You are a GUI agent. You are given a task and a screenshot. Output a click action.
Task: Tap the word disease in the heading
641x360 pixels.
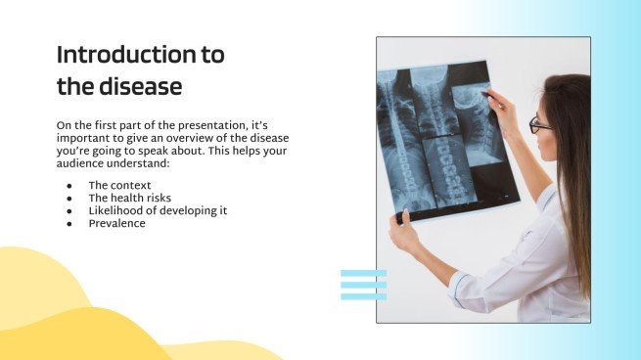click(138, 86)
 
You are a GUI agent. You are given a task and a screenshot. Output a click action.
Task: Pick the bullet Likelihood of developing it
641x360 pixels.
click(158, 210)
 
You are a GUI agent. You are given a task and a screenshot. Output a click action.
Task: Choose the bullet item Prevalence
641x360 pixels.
click(116, 223)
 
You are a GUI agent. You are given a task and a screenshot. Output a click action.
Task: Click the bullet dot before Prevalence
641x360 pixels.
click(69, 224)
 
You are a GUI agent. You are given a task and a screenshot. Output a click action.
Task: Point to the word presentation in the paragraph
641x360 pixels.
click(202, 126)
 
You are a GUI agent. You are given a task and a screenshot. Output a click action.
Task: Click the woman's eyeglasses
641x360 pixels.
click(539, 124)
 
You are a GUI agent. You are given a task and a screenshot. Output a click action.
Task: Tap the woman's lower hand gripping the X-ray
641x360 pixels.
click(402, 231)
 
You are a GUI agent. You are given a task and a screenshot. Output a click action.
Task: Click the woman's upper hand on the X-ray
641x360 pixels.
click(497, 101)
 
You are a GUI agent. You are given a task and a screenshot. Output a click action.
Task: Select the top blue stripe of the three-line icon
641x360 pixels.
click(363, 273)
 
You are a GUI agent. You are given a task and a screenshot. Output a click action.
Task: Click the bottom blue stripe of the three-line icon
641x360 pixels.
click(363, 295)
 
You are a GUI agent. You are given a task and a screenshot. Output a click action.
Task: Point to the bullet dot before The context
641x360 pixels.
click(69, 186)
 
